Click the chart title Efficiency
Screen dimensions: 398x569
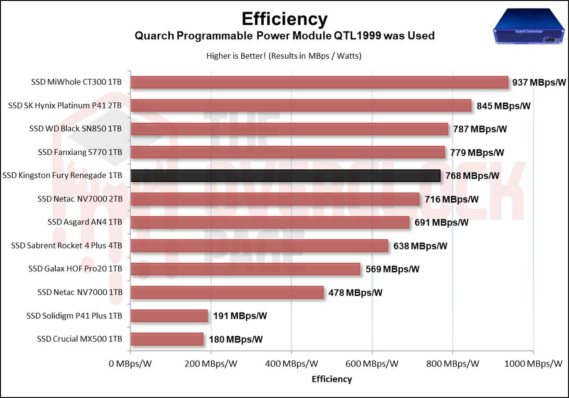pyautogui.click(x=284, y=19)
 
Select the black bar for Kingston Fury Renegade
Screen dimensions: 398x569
pyautogui.click(x=285, y=176)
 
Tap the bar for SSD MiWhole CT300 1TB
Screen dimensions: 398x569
pyautogui.click(x=319, y=82)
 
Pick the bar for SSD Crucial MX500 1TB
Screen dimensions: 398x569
pyautogui.click(x=167, y=339)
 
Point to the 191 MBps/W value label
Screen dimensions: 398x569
pyautogui.click(x=240, y=316)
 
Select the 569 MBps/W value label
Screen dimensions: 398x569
pyautogui.click(x=392, y=269)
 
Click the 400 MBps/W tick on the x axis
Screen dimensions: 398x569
pyautogui.click(x=291, y=364)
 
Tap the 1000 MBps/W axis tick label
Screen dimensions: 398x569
pyautogui.click(x=533, y=364)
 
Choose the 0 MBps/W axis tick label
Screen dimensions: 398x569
pyautogui.click(x=130, y=364)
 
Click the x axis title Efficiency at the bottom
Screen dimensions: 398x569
pyautogui.click(x=332, y=379)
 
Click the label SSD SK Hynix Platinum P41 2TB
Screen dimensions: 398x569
pyautogui.click(x=65, y=105)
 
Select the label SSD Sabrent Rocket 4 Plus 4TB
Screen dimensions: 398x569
pyautogui.click(x=67, y=245)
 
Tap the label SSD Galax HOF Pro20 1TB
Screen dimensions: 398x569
pyautogui.click(x=75, y=269)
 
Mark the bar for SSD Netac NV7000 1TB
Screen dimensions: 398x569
pyautogui.click(x=227, y=293)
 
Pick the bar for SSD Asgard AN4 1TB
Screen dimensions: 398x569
pyautogui.click(x=269, y=222)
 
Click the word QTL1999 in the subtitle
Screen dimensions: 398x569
pyautogui.click(x=358, y=36)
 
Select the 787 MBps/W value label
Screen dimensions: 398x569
pyautogui.click(x=480, y=129)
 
